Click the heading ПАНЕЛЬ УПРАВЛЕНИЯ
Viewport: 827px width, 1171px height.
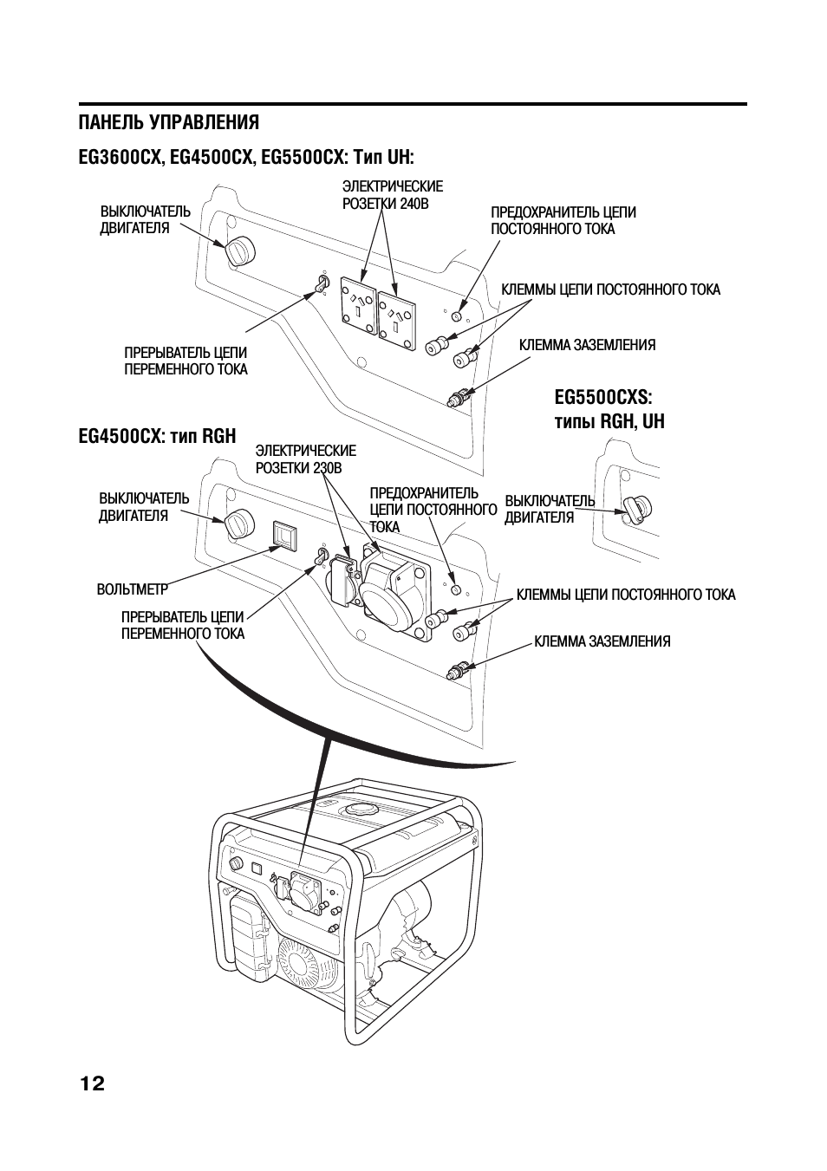(168, 121)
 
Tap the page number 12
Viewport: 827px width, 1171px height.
(92, 1083)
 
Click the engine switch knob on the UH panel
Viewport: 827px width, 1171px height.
(240, 250)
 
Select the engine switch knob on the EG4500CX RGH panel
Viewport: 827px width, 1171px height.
(238, 524)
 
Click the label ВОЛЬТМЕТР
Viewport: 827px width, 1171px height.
(132, 590)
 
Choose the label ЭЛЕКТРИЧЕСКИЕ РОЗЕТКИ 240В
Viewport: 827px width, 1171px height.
(392, 195)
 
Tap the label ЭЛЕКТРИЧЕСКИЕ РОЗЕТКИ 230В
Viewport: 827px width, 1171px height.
(305, 459)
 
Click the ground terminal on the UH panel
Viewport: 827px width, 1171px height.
(457, 398)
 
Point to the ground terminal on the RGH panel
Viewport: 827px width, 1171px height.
(456, 670)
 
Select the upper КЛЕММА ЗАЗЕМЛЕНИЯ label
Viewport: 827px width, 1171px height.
(587, 345)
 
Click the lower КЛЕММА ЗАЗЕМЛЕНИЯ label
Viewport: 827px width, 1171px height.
(602, 642)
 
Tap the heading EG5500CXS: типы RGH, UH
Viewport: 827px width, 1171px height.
(609, 409)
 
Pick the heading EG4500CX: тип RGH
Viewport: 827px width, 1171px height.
(157, 435)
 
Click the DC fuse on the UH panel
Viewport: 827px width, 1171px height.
(458, 317)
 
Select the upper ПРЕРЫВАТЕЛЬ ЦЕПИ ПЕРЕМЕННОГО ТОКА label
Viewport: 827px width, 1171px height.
(186, 361)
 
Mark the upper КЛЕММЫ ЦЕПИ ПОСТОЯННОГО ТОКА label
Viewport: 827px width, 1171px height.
(610, 289)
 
